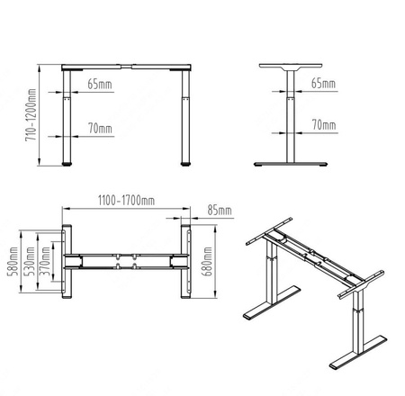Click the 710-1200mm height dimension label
(x=31, y=114)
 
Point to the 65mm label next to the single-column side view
(x=322, y=84)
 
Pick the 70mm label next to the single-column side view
(x=322, y=124)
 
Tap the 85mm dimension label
(x=219, y=211)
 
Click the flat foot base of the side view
(x=289, y=164)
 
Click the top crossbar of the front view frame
(x=126, y=67)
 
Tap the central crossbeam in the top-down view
(x=126, y=262)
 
